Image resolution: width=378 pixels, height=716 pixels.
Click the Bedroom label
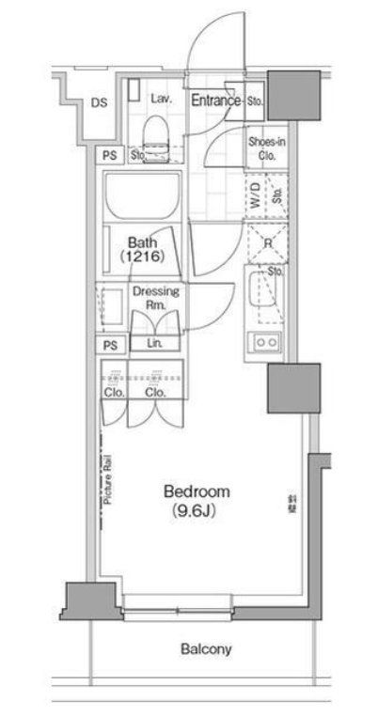pyautogui.click(x=197, y=491)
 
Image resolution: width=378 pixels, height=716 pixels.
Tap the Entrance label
pyautogui.click(x=216, y=100)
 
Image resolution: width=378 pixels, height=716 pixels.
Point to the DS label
pyautogui.click(x=99, y=103)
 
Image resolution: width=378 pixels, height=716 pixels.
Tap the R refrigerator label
pyautogui.click(x=267, y=241)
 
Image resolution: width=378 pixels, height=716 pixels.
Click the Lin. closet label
pyautogui.click(x=154, y=345)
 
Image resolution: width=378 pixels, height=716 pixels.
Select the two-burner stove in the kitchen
pyautogui.click(x=262, y=343)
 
